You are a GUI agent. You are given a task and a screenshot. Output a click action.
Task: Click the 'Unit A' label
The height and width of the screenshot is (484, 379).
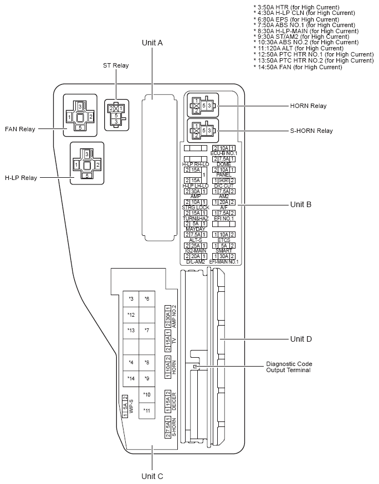pyautogui.click(x=152, y=43)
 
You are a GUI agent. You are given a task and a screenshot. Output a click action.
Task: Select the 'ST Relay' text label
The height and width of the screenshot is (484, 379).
pyautogui.click(x=116, y=65)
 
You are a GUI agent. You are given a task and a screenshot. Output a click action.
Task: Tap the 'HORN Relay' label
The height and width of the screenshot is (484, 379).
pyautogui.click(x=308, y=106)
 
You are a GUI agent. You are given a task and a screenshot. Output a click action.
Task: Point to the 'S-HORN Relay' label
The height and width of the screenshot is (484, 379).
pyautogui.click(x=311, y=131)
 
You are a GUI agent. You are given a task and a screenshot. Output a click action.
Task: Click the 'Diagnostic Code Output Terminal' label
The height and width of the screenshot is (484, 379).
pyautogui.click(x=289, y=367)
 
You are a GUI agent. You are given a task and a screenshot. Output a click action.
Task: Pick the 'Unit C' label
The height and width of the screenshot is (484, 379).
pyautogui.click(x=152, y=475)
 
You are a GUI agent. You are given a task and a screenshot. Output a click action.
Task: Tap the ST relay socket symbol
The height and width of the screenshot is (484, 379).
pyautogui.click(x=116, y=114)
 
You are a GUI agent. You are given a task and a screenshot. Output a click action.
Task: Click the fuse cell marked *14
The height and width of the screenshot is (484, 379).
pyautogui.click(x=131, y=379)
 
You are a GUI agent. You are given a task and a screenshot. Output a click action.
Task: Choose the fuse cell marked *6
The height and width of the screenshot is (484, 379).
pyautogui.click(x=147, y=299)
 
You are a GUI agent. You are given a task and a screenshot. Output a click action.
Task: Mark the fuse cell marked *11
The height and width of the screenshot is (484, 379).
pyautogui.click(x=147, y=410)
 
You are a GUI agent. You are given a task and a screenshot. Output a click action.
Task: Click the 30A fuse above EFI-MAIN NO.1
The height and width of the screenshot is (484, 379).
pyautogui.click(x=224, y=255)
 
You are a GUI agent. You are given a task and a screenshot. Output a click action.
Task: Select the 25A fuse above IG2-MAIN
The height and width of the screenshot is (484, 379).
pyautogui.click(x=196, y=245)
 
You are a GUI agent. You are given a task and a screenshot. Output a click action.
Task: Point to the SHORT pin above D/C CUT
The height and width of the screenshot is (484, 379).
pyautogui.click(x=224, y=181)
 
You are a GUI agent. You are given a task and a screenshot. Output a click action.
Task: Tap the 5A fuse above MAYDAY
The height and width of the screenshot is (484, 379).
pyautogui.click(x=196, y=224)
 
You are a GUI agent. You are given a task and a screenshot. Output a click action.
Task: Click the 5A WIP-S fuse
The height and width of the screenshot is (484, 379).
pyautogui.click(x=125, y=406)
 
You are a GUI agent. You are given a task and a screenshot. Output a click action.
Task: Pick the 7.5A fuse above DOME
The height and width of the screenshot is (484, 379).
pyautogui.click(x=224, y=159)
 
